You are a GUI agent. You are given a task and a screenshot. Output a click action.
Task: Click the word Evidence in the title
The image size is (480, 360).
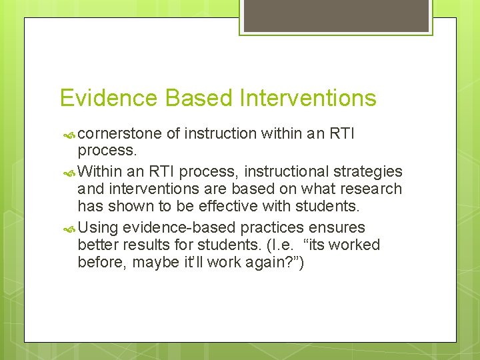(x=109, y=98)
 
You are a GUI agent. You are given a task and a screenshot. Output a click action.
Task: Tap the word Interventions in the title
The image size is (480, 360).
(x=307, y=98)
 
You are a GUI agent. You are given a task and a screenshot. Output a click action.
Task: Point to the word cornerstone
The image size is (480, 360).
(x=123, y=134)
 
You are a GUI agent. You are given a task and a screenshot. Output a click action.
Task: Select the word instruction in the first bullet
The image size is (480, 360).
(x=219, y=134)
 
